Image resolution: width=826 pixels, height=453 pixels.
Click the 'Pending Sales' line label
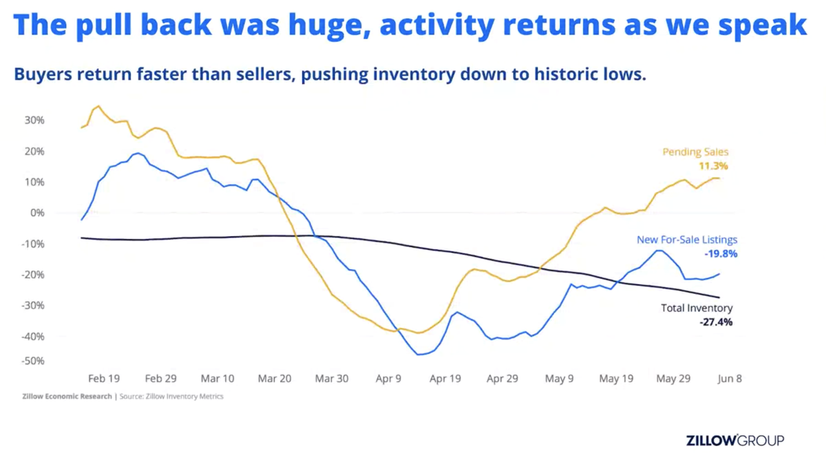(x=695, y=152)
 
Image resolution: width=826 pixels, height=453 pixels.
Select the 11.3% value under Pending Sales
(x=714, y=167)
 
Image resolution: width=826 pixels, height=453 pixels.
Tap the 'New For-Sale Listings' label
(x=686, y=240)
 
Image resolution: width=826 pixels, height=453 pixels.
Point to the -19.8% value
(x=721, y=254)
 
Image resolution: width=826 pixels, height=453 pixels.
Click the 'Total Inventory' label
(x=697, y=308)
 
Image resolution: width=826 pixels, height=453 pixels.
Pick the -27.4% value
(x=717, y=322)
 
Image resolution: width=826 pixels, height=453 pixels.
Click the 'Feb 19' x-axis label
(x=104, y=379)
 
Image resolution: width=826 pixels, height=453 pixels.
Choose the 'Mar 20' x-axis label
(x=275, y=379)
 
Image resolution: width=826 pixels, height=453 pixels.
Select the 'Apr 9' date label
(x=389, y=379)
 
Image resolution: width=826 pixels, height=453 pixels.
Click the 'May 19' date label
(x=616, y=379)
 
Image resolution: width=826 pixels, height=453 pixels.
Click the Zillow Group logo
(x=735, y=440)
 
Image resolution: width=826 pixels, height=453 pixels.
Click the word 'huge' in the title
(x=321, y=25)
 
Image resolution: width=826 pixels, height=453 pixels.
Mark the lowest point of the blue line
(x=419, y=355)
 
